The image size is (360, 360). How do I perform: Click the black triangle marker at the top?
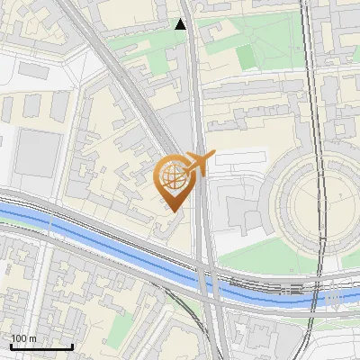click(x=181, y=23)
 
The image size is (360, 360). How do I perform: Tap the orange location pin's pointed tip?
click(x=172, y=211)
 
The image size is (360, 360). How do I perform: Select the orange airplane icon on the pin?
click(x=197, y=163)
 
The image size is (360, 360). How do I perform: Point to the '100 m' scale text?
click(x=24, y=338)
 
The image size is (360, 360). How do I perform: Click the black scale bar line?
click(x=41, y=346)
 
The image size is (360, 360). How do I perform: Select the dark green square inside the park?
click(x=247, y=56)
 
